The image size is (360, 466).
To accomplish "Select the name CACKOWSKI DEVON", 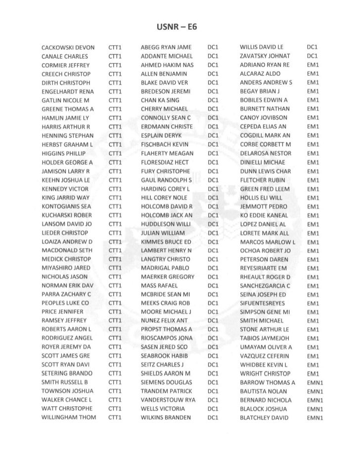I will [68, 47].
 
